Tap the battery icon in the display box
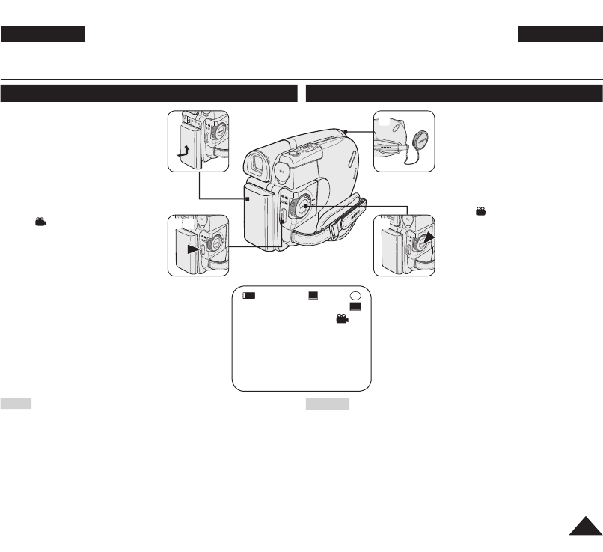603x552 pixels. tap(249, 296)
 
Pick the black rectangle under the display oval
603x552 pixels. tap(356, 307)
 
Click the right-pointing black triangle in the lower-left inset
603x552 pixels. tap(193, 248)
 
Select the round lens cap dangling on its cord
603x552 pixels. tap(419, 142)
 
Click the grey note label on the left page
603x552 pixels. tap(16, 404)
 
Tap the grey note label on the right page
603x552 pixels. tap(328, 404)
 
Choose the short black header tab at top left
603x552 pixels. tap(43, 34)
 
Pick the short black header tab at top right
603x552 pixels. tap(560, 34)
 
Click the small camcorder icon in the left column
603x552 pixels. tap(40, 222)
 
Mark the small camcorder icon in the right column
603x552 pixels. tap(480, 212)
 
